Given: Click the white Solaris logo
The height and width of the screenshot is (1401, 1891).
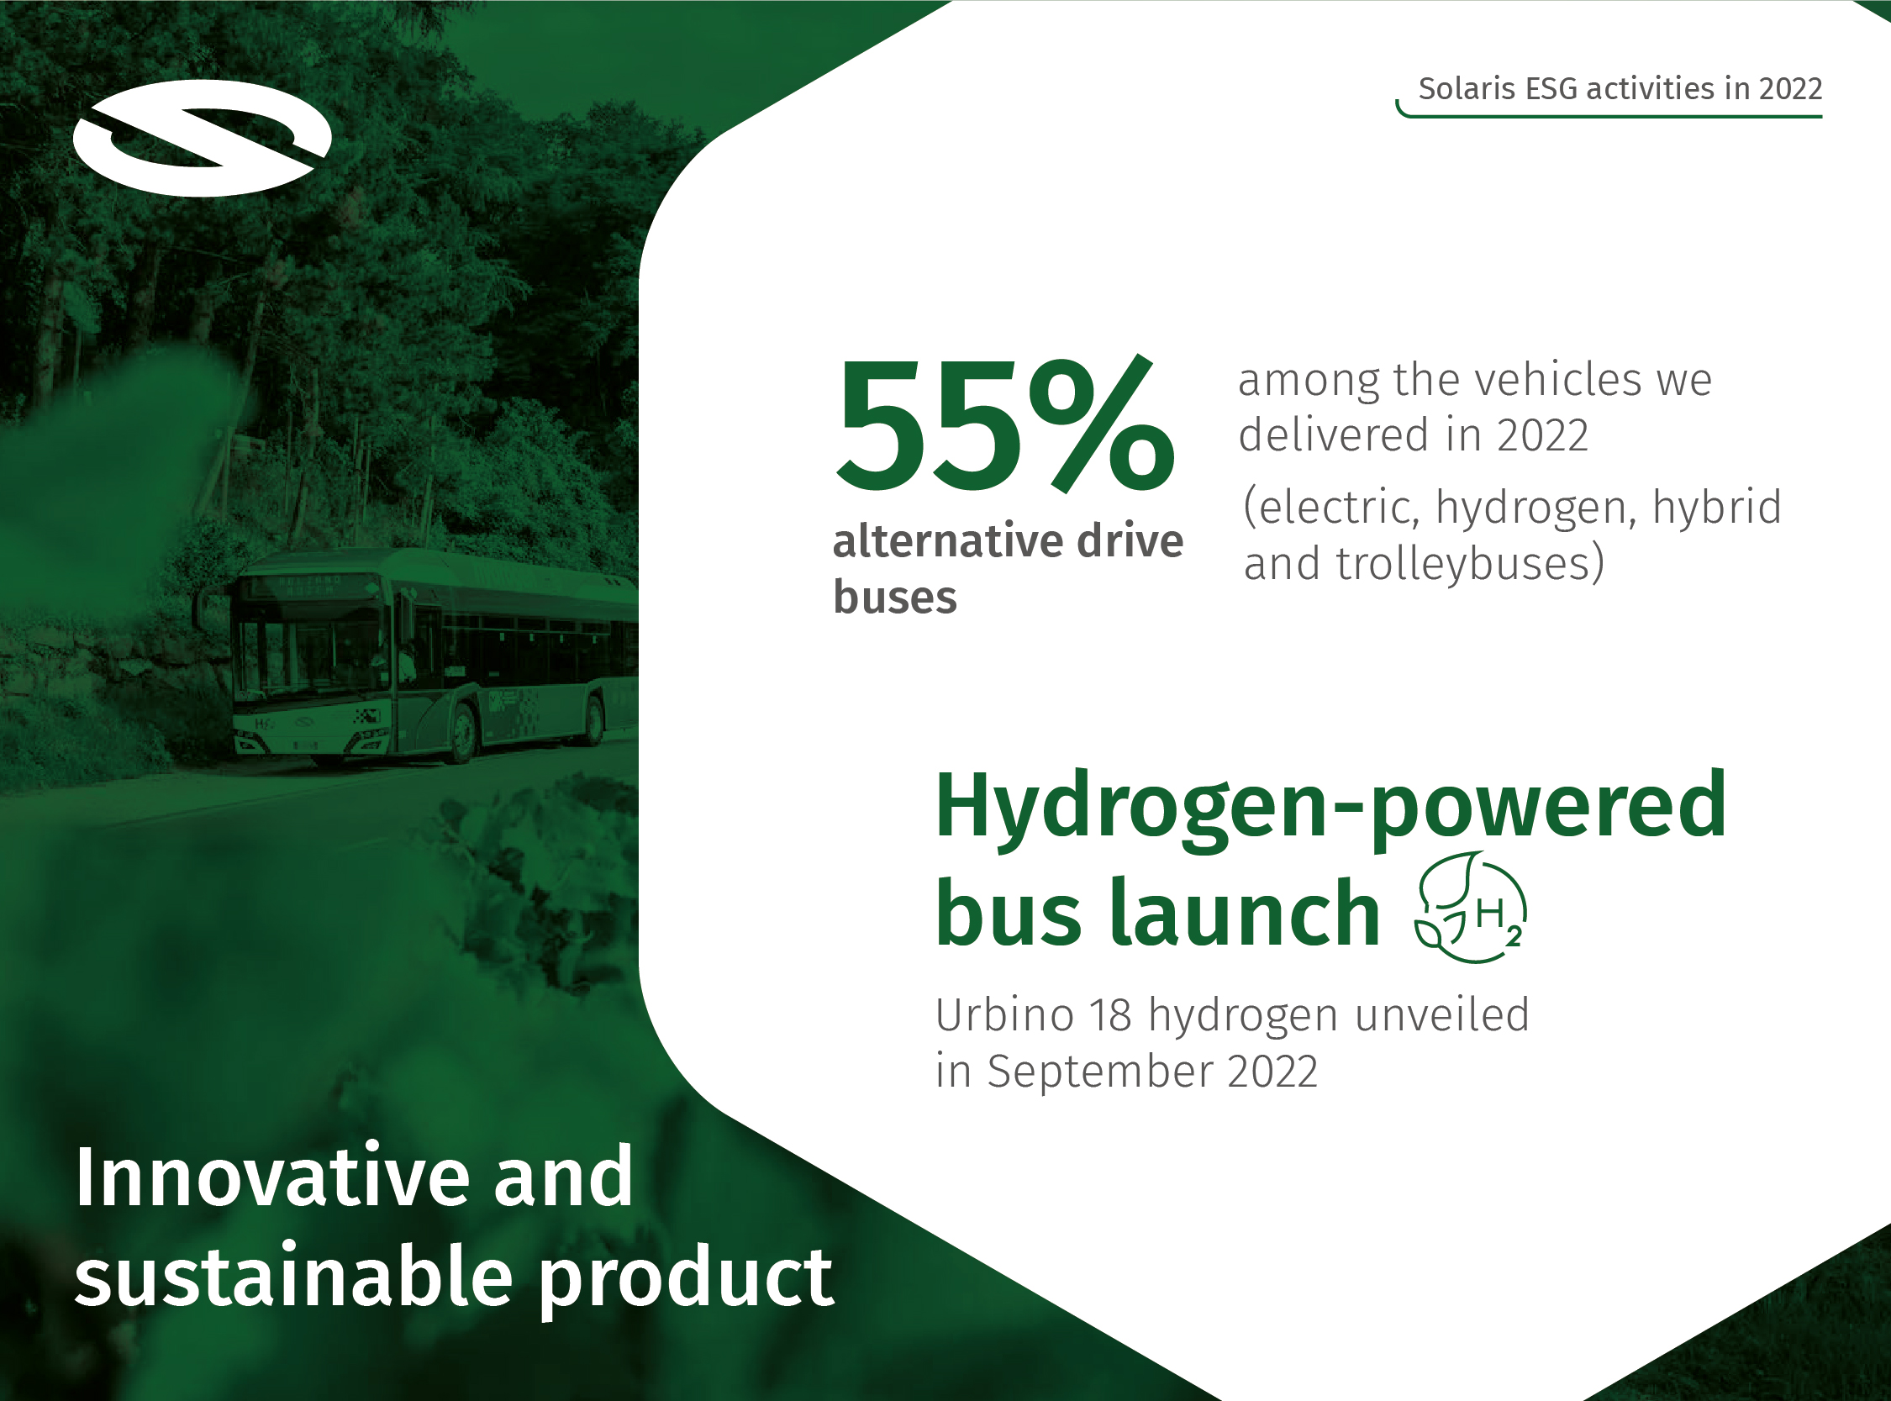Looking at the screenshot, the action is (202, 138).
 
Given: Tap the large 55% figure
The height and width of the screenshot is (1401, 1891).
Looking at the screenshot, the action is (1006, 424).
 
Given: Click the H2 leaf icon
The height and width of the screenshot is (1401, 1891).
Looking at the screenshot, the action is (1471, 908).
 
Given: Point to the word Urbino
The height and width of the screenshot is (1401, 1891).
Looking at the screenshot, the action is (1005, 1014).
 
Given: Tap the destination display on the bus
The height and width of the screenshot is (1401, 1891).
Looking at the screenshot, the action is (308, 584).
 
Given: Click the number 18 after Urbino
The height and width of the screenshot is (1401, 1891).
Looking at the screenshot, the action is (1111, 1015).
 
